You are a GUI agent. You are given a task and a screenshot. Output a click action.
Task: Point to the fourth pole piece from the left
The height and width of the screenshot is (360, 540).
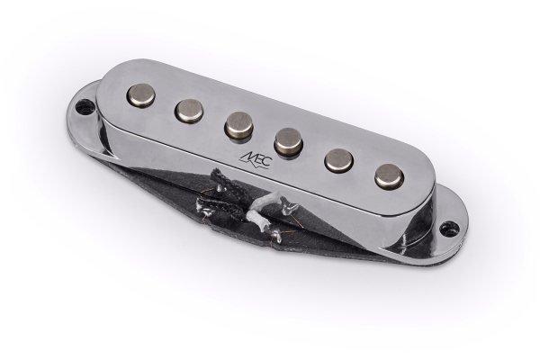click(x=288, y=139)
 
